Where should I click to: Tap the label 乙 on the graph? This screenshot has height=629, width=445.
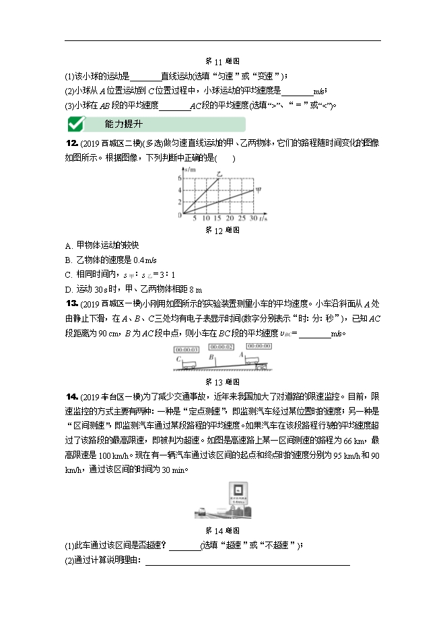coord(219,174)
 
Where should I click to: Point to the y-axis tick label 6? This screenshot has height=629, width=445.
coord(180,178)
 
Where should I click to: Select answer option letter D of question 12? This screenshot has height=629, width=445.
coord(69,289)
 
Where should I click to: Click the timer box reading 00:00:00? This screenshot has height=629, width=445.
coord(259,346)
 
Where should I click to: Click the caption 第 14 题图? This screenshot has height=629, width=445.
coord(222,530)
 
